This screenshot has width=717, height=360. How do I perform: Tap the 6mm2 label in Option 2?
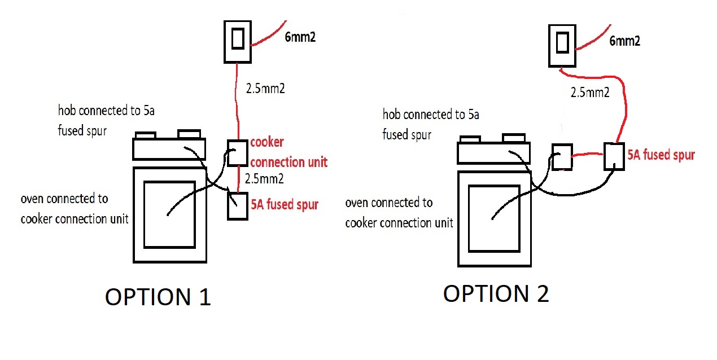[x=624, y=41]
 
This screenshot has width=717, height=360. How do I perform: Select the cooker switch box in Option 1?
[x=238, y=41]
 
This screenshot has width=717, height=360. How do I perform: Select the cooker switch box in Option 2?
[x=562, y=45]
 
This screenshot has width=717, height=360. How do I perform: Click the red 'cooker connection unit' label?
[x=288, y=152]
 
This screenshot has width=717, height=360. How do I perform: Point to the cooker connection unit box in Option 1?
[x=238, y=153]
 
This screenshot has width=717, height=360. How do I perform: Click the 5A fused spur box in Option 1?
[x=237, y=205]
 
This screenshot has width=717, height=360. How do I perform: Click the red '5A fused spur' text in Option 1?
[x=285, y=204]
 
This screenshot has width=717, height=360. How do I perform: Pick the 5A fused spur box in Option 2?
[x=614, y=156]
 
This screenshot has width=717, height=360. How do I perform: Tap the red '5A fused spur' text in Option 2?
[x=661, y=155]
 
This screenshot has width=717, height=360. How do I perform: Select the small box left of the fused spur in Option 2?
[x=562, y=156]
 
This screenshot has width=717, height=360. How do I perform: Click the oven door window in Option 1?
[x=170, y=214]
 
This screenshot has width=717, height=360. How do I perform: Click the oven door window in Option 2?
[x=494, y=218]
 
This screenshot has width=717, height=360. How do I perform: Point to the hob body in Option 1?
[x=169, y=150]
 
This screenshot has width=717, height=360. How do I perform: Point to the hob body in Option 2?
[x=493, y=153]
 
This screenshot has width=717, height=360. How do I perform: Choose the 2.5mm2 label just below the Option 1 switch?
[x=264, y=89]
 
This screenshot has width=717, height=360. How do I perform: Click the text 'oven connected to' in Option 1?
[x=64, y=199]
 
